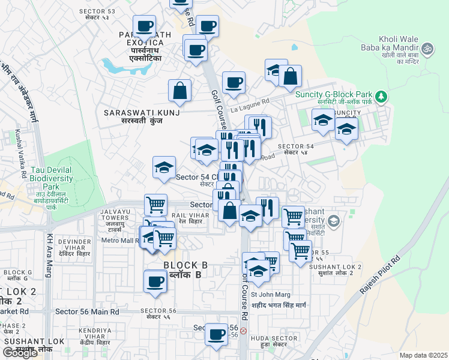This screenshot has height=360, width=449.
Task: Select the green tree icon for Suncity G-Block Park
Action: pyautogui.click(x=380, y=96)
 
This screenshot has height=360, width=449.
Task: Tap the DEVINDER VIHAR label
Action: pyautogui.click(x=74, y=245)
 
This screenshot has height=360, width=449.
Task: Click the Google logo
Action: pyautogui.click(x=20, y=352)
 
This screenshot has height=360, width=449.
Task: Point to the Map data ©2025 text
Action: pyautogui.click(x=423, y=355)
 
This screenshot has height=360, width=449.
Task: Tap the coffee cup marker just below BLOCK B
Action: pyautogui.click(x=155, y=281)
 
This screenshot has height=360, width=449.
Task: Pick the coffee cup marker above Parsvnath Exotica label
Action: pyautogui.click(x=144, y=26)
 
